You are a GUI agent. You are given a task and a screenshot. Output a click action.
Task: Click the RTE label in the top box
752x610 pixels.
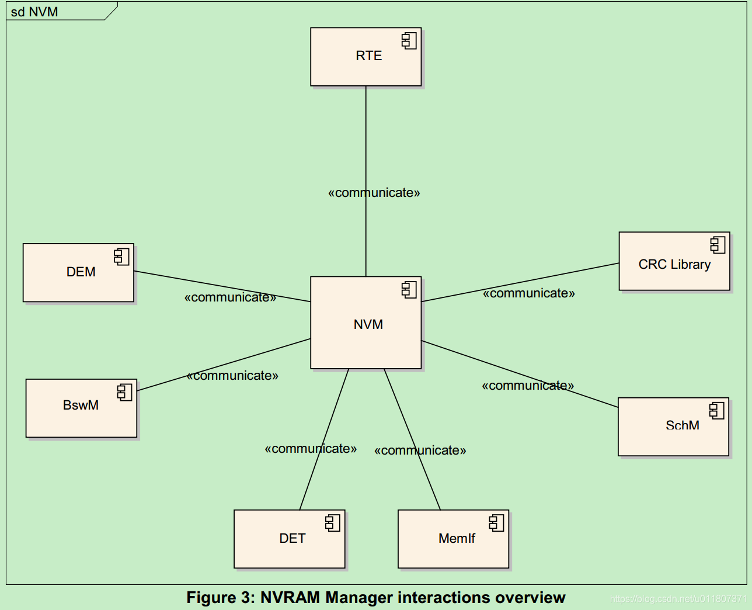pos(368,56)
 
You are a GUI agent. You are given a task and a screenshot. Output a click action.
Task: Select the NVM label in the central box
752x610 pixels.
pos(368,325)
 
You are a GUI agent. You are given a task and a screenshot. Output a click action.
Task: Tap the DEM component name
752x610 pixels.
pos(81,272)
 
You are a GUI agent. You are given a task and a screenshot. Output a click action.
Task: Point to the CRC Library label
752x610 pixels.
pos(674,265)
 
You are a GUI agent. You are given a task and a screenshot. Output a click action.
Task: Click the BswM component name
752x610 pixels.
pos(81,405)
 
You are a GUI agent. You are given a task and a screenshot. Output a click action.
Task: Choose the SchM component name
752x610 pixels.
pos(682,425)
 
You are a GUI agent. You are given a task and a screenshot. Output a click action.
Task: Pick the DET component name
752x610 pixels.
pos(292,539)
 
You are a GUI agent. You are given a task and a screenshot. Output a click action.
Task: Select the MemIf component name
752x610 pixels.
pos(457,539)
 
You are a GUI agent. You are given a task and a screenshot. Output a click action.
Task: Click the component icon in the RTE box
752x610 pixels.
pos(409,40)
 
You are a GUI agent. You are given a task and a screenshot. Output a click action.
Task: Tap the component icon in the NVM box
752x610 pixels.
pos(409,289)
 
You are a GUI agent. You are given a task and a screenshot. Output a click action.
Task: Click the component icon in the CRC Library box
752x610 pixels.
pos(718,245)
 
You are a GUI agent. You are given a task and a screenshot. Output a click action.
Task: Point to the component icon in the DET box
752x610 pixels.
pos(333,522)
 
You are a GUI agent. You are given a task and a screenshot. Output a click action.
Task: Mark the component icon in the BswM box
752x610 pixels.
pos(124,392)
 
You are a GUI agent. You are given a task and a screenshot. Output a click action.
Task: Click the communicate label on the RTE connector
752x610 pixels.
pos(374,193)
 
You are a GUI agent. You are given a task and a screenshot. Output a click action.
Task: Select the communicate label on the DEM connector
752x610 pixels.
pos(230,297)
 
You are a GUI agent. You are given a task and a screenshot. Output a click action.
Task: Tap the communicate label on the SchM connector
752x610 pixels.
pos(527,386)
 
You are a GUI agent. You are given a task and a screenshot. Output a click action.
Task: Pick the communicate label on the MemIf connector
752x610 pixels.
pos(420,450)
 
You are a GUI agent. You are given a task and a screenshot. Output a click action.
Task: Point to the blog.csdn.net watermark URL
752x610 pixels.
pos(678,599)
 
